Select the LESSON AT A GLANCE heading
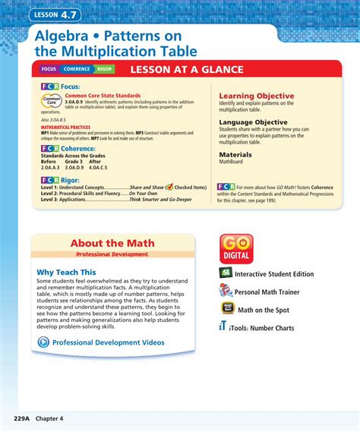tap(187, 70)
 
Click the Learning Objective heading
tap(256, 96)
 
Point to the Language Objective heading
tap(257, 121)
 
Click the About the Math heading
tap(112, 243)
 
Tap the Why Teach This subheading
tap(67, 272)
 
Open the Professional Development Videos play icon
tap(43, 342)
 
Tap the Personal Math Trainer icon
tap(226, 291)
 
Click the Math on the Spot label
tap(273, 310)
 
